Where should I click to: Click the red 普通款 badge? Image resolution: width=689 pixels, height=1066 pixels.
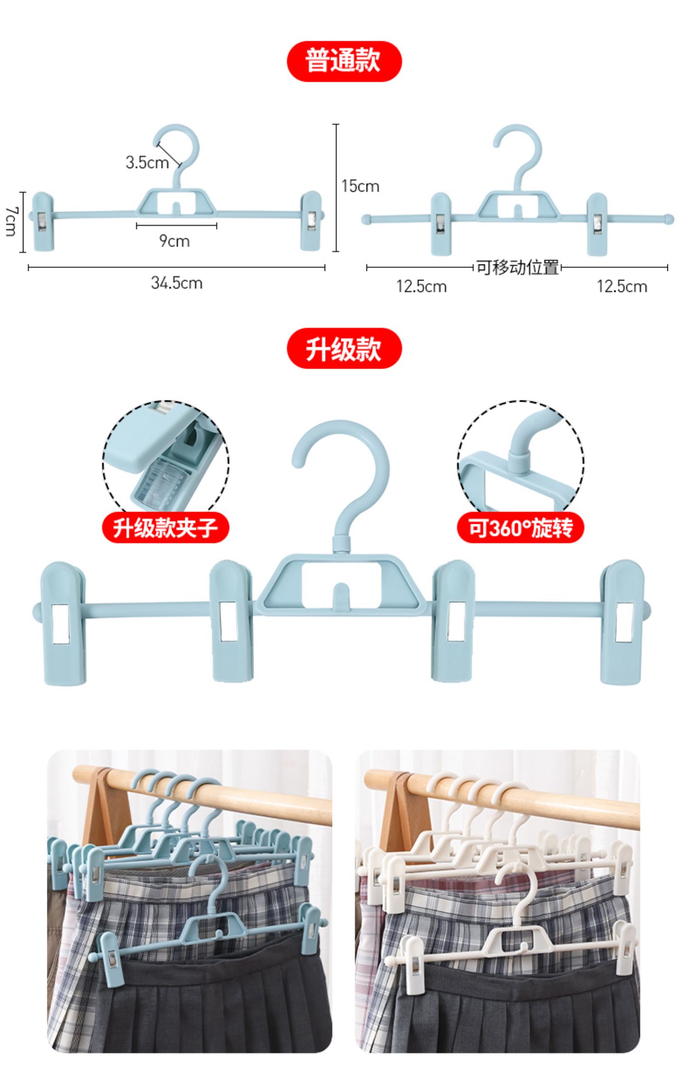pos(344,61)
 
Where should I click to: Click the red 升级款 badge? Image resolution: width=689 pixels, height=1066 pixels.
pos(344,348)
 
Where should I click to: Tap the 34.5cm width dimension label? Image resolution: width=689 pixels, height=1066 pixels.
pos(177,283)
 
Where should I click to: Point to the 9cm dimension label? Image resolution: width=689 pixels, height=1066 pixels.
pos(175,241)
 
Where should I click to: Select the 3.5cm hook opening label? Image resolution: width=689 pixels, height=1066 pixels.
pos(147,162)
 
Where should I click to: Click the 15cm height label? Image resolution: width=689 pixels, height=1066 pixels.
pos(361,186)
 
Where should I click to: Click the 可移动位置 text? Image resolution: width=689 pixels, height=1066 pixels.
pos(517,267)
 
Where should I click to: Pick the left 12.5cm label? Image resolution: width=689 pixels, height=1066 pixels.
pos(421,286)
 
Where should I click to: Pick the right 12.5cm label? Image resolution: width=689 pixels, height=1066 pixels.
pos(622,286)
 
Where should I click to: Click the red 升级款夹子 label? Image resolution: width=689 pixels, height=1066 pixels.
pos(165,527)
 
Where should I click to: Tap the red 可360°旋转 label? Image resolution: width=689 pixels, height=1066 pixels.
pos(520,527)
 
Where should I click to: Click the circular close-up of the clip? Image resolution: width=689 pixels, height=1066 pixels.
pos(165,459)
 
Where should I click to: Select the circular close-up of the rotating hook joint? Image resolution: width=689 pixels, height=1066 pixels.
pos(520,459)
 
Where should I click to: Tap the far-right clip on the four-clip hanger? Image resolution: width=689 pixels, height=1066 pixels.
pos(623,622)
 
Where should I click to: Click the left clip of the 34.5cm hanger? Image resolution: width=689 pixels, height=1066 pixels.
pos(43,221)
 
